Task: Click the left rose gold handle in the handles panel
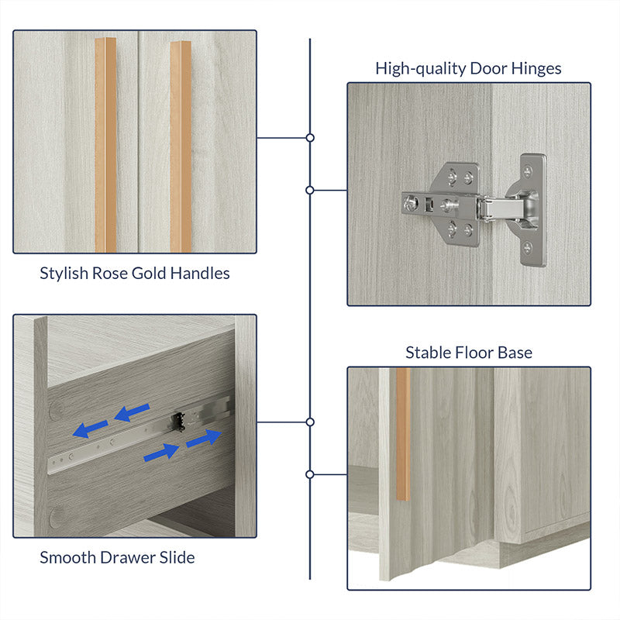(x=105, y=145)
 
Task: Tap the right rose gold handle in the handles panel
(x=181, y=146)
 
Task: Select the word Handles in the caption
(x=200, y=274)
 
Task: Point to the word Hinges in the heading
(x=536, y=69)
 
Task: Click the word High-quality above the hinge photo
(x=421, y=69)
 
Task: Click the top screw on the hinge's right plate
(x=528, y=170)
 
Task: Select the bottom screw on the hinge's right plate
(x=528, y=248)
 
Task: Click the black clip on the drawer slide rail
(x=178, y=422)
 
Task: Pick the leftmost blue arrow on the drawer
(x=90, y=429)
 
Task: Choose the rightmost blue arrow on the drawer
(x=204, y=438)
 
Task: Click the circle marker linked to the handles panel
(x=310, y=138)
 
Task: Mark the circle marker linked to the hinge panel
(x=310, y=190)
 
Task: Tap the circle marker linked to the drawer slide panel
(x=310, y=422)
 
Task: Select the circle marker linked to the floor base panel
(x=310, y=474)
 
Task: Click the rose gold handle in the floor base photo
(x=403, y=434)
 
